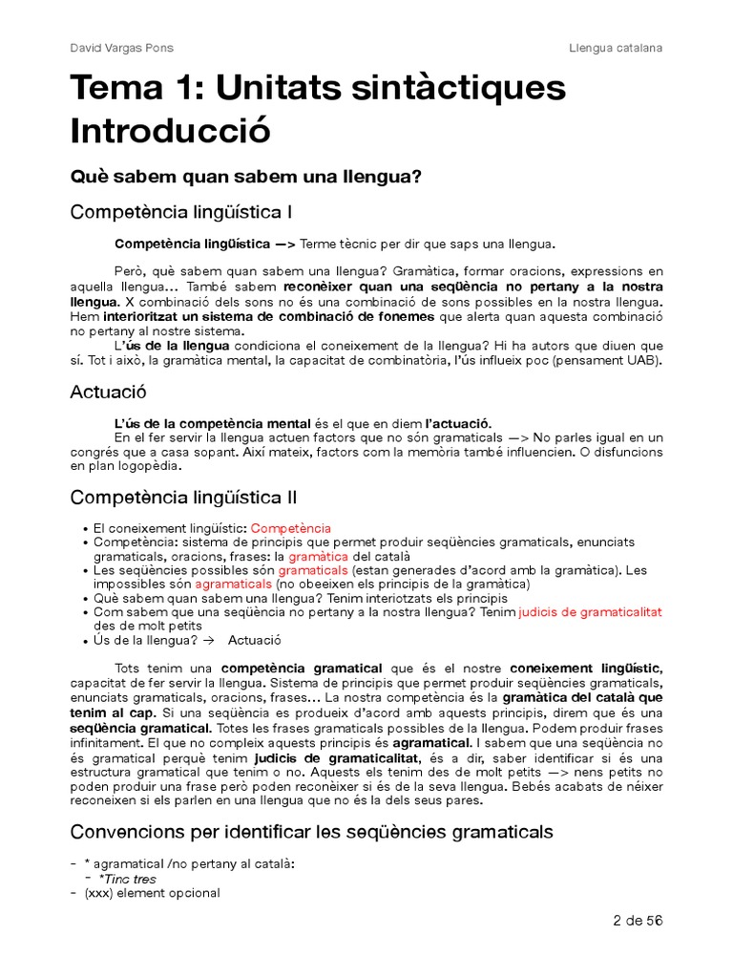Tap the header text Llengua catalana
tap(616, 48)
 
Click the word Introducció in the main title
tap(171, 130)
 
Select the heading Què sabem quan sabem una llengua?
tap(246, 178)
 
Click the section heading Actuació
tap(108, 392)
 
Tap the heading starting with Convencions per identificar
tap(311, 832)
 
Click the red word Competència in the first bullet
tap(291, 528)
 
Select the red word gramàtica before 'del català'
tap(319, 556)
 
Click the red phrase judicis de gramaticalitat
tap(590, 611)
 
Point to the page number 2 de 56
tap(637, 921)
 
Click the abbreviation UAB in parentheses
tap(643, 359)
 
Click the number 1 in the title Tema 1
tap(193, 88)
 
